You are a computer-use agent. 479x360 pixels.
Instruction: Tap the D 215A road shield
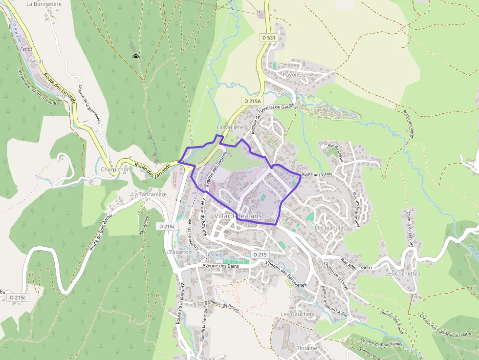[253, 101]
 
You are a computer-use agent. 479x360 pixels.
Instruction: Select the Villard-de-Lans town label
[238, 216]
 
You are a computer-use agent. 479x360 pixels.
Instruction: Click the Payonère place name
[294, 75]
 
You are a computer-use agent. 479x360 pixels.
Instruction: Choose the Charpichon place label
[115, 169]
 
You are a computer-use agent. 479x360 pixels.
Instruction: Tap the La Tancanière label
[149, 194]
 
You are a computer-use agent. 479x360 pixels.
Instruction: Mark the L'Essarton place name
[177, 252]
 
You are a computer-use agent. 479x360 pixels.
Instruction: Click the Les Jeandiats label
[331, 227]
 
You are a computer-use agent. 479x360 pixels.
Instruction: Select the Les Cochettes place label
[402, 274]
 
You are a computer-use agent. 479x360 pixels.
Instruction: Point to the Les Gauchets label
[298, 314]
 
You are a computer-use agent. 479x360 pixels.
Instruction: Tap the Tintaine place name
[307, 348]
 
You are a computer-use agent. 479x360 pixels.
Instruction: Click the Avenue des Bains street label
[221, 266]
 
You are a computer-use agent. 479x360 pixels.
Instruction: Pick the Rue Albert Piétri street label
[356, 264]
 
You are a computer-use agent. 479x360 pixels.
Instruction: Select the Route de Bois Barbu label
[102, 232]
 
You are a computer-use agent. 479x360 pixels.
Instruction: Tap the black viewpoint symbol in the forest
[136, 57]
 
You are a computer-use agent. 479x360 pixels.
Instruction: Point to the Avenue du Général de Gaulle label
[271, 113]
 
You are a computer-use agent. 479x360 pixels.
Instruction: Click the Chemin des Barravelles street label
[286, 274]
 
